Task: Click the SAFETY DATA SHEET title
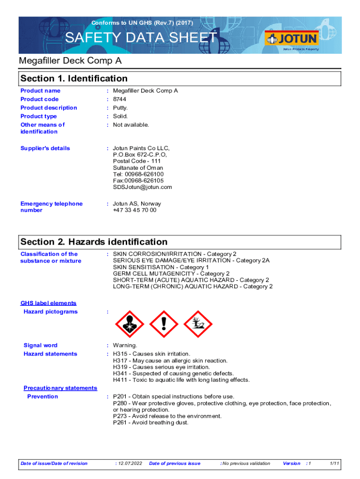141,38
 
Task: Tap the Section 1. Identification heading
74,79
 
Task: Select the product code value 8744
119,99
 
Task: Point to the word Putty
120,108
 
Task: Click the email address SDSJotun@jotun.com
142,187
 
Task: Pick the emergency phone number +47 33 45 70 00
135,210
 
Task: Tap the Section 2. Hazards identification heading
94,242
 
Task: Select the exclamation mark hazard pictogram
163,323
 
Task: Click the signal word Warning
125,345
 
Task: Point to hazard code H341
120,373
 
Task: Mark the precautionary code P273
120,416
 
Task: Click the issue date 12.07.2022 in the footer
130,464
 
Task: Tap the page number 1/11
334,464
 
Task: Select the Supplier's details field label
45,148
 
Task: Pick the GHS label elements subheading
48,303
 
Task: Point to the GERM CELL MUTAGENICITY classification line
171,274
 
